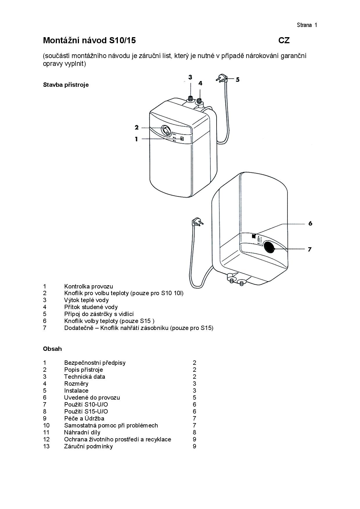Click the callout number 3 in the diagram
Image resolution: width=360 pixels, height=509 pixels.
coord(190,77)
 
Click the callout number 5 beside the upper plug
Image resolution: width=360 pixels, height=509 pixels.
coord(237,80)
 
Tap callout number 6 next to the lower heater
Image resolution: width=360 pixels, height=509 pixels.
coord(310,223)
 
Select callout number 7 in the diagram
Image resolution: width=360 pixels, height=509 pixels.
coord(309,249)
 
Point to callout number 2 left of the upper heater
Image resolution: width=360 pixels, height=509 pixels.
coord(137,127)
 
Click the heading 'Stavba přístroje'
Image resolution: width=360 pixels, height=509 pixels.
coord(66,85)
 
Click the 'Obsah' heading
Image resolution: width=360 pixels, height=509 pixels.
coord(52,349)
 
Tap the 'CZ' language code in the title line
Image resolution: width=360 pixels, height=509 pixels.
coord(284,41)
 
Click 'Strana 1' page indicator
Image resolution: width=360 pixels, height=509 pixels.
coord(307,25)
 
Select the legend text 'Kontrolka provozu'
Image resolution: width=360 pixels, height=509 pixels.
coord(89,286)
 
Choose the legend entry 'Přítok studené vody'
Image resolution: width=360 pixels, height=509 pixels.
coord(91,307)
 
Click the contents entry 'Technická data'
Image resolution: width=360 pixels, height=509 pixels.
coord(84,377)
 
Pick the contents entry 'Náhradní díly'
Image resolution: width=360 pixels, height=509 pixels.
coord(82,432)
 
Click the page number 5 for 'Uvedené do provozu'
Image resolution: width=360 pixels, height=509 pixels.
coord(195,398)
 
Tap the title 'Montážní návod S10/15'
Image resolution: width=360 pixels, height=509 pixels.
coord(89,41)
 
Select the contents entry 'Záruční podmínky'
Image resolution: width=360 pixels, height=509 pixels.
coord(88,446)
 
